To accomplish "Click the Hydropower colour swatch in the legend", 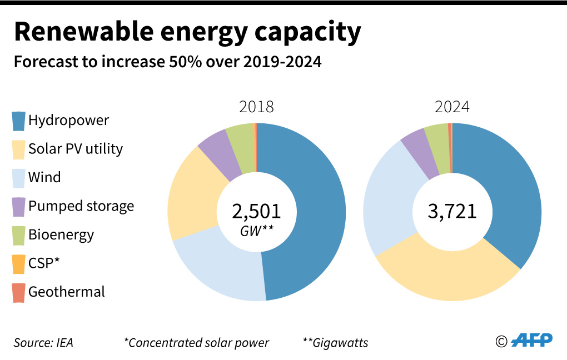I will click(x=19, y=121).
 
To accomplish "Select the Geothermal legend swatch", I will click(x=19, y=293).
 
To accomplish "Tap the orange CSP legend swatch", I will click(x=19, y=264).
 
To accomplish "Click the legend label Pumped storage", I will click(x=81, y=206).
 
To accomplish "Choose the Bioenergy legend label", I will click(x=61, y=234).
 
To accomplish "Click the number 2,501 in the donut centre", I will click(x=256, y=211).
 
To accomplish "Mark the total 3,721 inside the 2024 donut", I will click(x=452, y=211).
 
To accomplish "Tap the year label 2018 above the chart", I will click(x=256, y=107).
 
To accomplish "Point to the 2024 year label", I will click(x=452, y=107).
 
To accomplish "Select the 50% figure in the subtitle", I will click(x=170, y=62).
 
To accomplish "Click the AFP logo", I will click(x=531, y=340).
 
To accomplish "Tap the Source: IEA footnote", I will click(x=43, y=343).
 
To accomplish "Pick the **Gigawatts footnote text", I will click(x=335, y=343).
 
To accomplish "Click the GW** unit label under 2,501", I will click(x=256, y=231).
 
